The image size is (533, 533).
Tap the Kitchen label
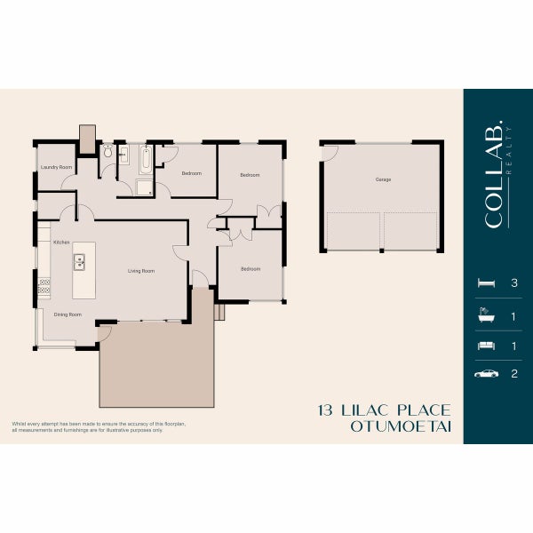click(61, 243)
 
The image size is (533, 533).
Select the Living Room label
click(140, 271)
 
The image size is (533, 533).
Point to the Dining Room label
click(68, 314)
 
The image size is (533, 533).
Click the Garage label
click(383, 179)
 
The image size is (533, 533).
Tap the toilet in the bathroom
click(107, 153)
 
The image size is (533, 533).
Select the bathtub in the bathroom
click(145, 160)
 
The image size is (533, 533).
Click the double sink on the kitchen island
click(79, 261)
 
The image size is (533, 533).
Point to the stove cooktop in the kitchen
click(44, 287)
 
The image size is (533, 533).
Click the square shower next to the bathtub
click(143, 187)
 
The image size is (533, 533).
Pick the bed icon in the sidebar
click(486, 282)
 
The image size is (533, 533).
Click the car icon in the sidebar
click(486, 374)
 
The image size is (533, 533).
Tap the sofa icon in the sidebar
click(486, 344)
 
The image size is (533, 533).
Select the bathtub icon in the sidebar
click(486, 314)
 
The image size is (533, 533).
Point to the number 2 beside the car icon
click(513, 374)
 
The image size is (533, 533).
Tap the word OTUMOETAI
click(401, 426)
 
